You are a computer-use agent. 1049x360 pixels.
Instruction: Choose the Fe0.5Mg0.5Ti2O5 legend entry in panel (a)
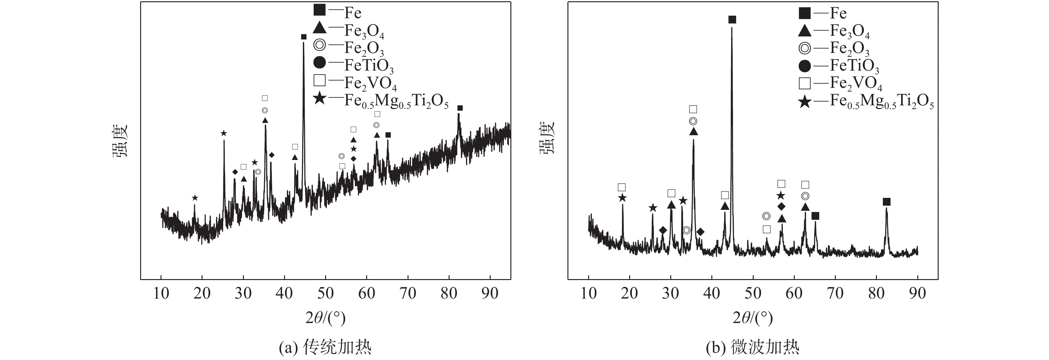click(x=382, y=99)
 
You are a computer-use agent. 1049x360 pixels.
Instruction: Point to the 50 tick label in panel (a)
click(x=325, y=293)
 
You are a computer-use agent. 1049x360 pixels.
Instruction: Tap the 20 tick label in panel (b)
click(x=629, y=293)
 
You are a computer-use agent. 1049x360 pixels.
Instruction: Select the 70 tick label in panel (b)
click(x=835, y=293)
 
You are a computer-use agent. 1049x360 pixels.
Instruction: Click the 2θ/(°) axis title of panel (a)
click(x=325, y=317)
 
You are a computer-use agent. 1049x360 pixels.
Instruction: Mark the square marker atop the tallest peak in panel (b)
click(x=732, y=19)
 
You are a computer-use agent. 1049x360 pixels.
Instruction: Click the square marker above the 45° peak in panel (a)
click(x=303, y=37)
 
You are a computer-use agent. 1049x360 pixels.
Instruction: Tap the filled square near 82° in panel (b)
click(x=887, y=202)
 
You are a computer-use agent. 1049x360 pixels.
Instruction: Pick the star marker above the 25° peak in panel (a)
click(x=224, y=133)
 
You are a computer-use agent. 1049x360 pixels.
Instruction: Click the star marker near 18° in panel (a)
click(x=195, y=198)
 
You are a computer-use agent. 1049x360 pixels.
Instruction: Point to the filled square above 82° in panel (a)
click(x=460, y=108)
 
